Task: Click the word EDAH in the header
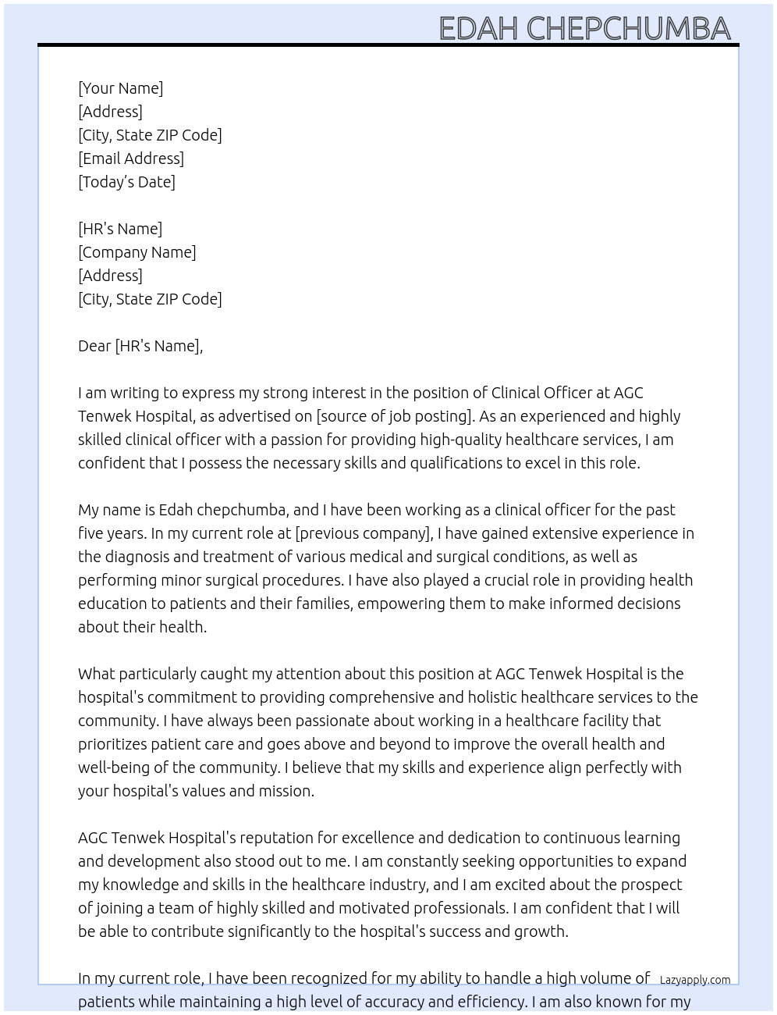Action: click(x=478, y=29)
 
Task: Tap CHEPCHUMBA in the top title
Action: click(x=629, y=29)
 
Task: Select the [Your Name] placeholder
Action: click(x=121, y=88)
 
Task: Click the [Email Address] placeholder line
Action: click(x=131, y=158)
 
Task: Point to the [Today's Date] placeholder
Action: click(x=126, y=182)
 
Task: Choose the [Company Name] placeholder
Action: click(x=137, y=252)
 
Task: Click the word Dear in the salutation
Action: click(x=94, y=346)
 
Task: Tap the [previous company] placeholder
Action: click(x=364, y=533)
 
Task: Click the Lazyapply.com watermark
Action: click(x=695, y=980)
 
